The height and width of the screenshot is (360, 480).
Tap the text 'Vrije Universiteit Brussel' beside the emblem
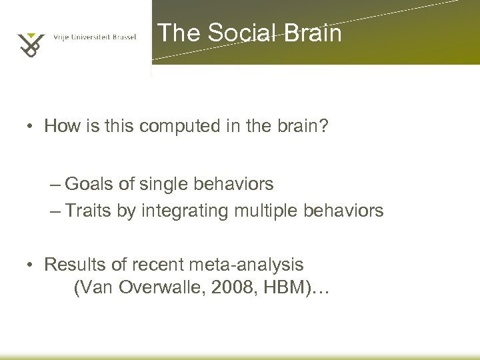coord(94,37)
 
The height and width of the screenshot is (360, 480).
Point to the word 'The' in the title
coord(179,33)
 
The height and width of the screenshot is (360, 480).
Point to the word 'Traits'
coord(90,211)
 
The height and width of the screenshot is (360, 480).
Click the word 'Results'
coord(71,265)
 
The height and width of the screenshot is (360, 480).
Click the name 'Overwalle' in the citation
coord(156,289)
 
